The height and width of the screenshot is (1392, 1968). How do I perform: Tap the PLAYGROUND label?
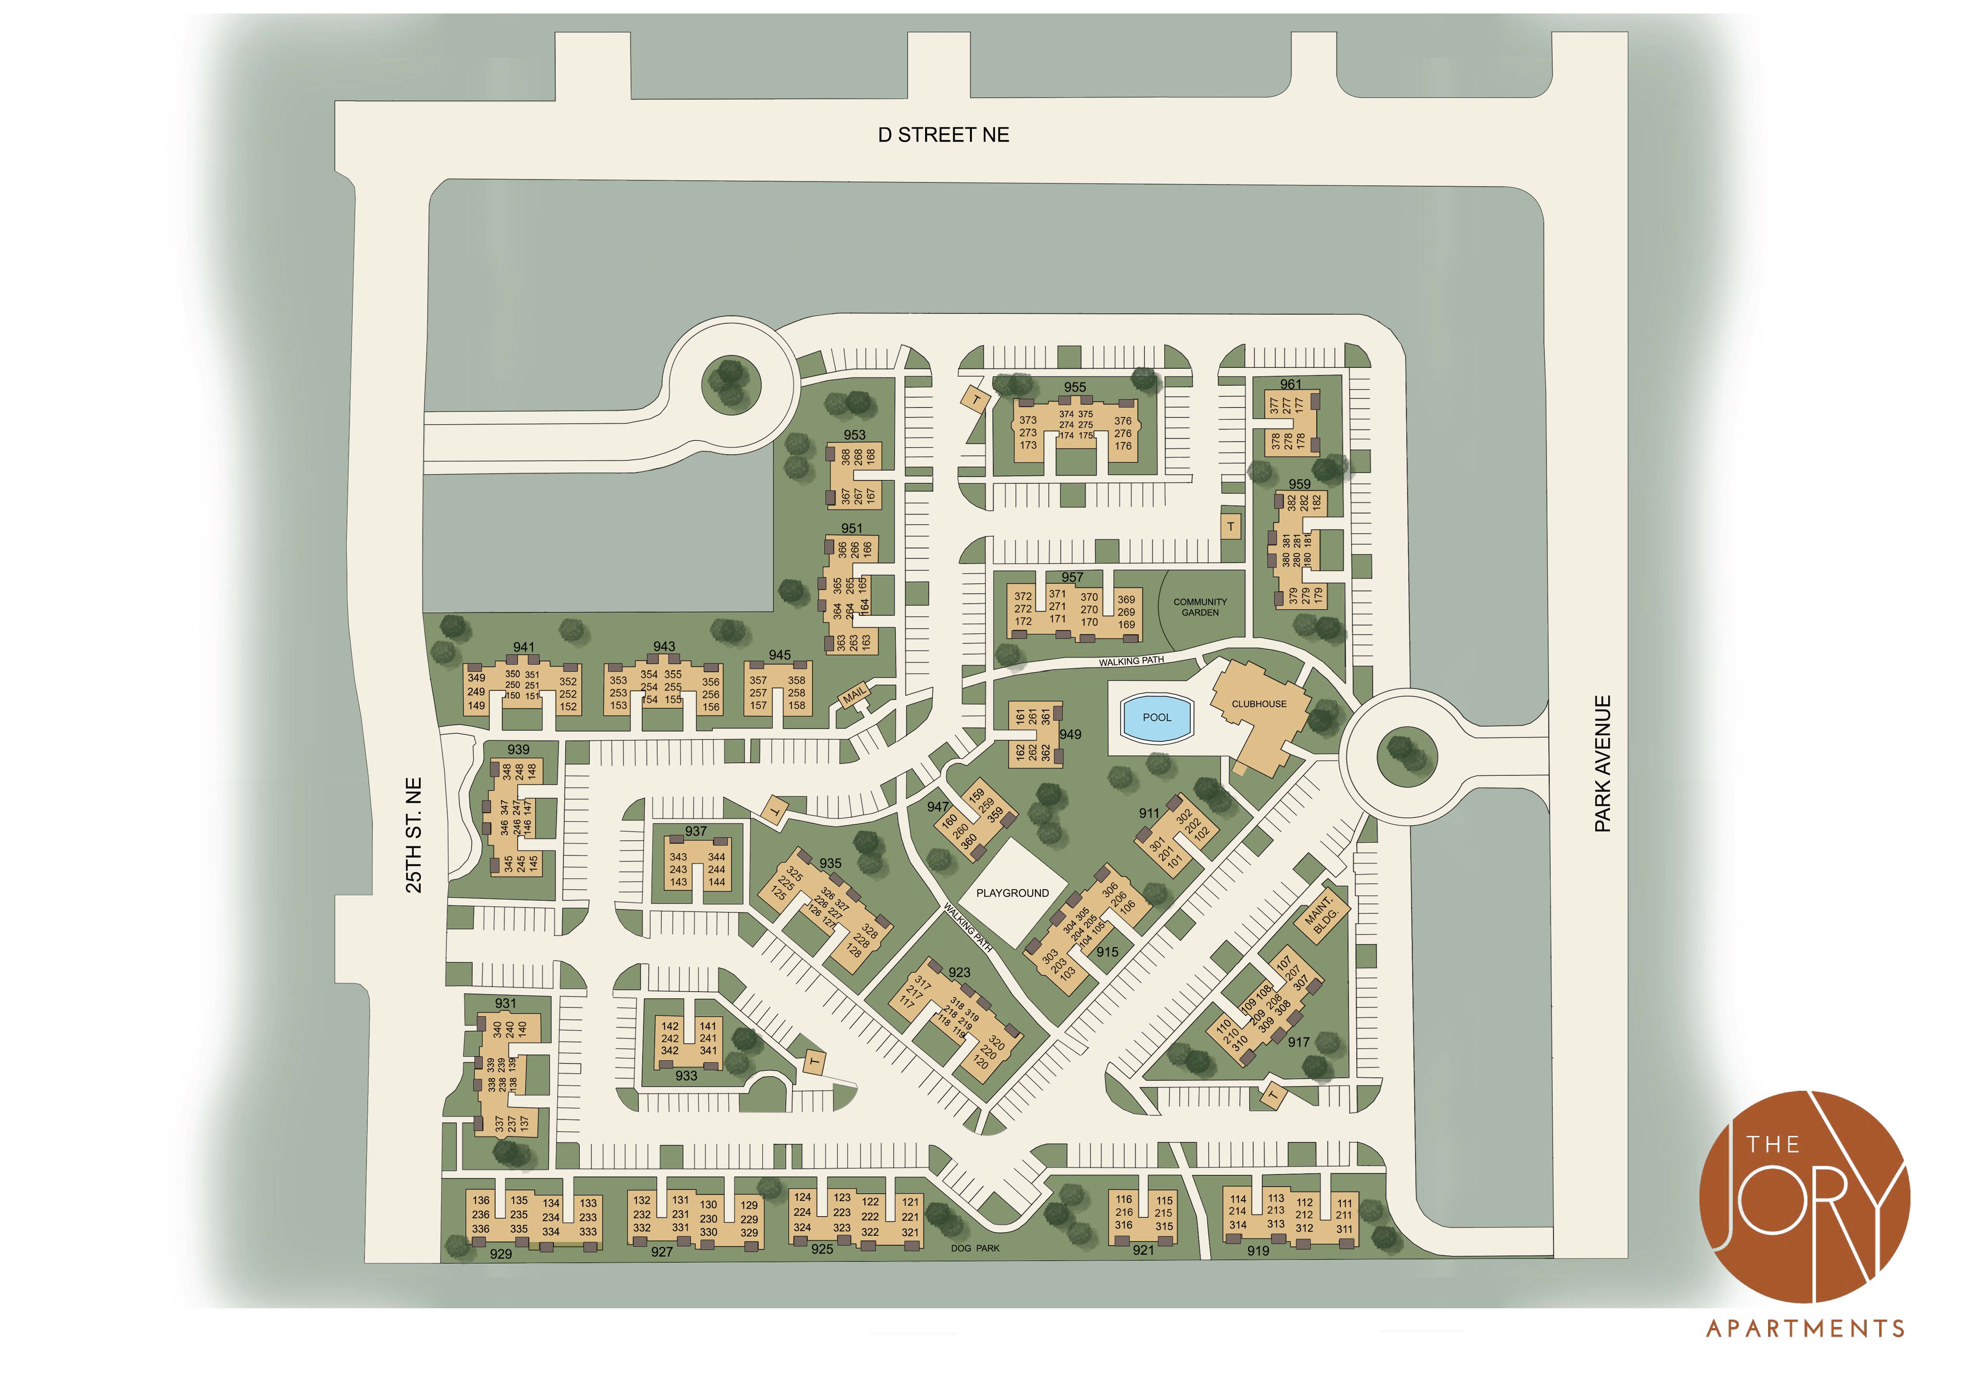tap(1012, 893)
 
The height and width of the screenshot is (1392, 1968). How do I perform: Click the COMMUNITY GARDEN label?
tap(1200, 607)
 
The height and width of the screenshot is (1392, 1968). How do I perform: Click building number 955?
tap(1075, 387)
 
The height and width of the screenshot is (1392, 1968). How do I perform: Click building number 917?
tap(1298, 1042)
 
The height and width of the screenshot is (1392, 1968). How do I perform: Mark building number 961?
tap(1290, 384)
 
